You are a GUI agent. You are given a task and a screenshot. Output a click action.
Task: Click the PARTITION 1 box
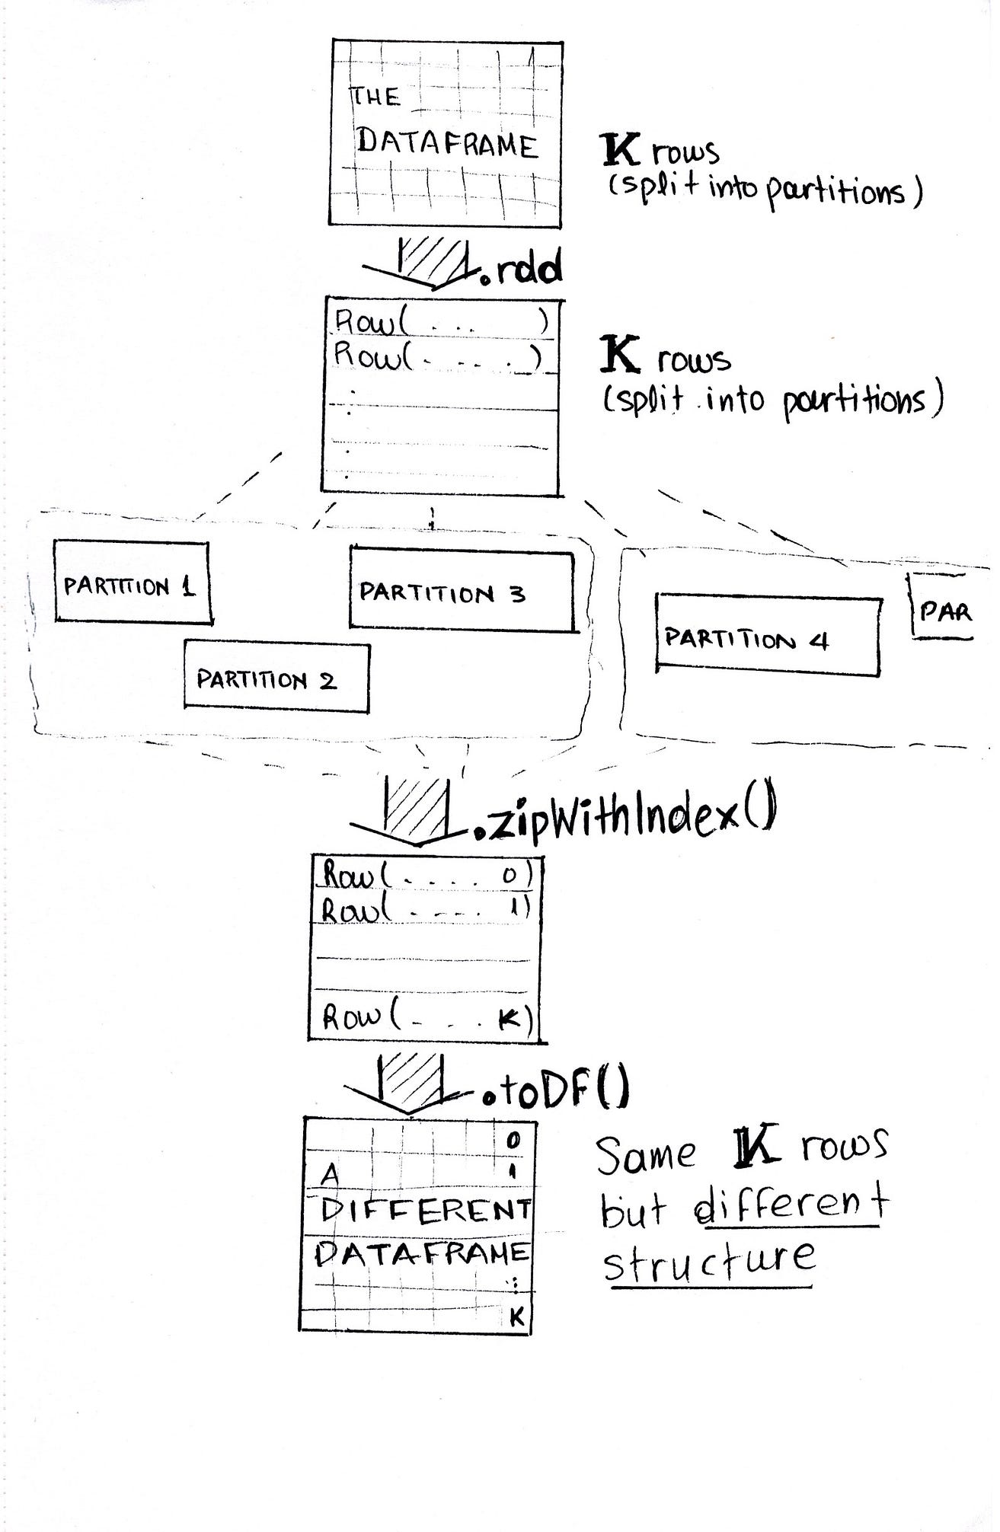click(x=131, y=582)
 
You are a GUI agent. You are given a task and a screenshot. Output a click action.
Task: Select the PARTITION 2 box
click(x=276, y=678)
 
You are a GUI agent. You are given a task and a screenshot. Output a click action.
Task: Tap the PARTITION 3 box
click(x=461, y=590)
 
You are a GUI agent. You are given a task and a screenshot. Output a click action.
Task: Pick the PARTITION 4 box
click(x=767, y=637)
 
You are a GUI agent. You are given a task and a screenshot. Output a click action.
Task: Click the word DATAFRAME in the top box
click(x=448, y=143)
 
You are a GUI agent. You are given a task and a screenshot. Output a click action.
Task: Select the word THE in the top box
click(x=375, y=97)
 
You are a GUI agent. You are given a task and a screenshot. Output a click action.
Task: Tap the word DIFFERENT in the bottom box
click(x=425, y=1210)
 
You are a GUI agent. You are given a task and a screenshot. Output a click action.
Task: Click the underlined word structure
click(x=708, y=1260)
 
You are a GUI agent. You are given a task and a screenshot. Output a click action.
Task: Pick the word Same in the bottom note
click(x=646, y=1154)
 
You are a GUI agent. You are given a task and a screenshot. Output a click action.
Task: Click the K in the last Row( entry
click(x=509, y=1019)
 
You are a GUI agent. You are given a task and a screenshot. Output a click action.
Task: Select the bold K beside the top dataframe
click(x=621, y=150)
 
